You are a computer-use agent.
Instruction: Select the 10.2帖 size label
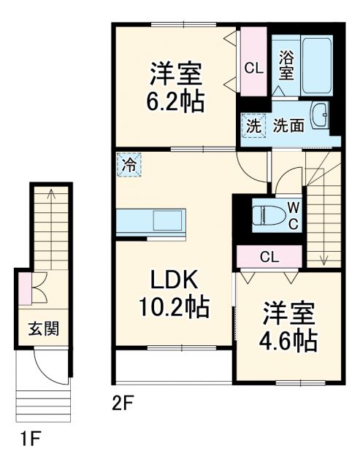pyautogui.click(x=174, y=307)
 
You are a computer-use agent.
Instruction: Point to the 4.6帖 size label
pyautogui.click(x=290, y=340)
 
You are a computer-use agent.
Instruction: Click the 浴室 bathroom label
pyautogui.click(x=286, y=64)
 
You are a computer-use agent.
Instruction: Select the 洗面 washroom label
pyautogui.click(x=288, y=126)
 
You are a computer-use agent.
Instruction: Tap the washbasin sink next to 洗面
pyautogui.click(x=320, y=117)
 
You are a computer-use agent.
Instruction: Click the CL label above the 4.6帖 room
pyautogui.click(x=269, y=257)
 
